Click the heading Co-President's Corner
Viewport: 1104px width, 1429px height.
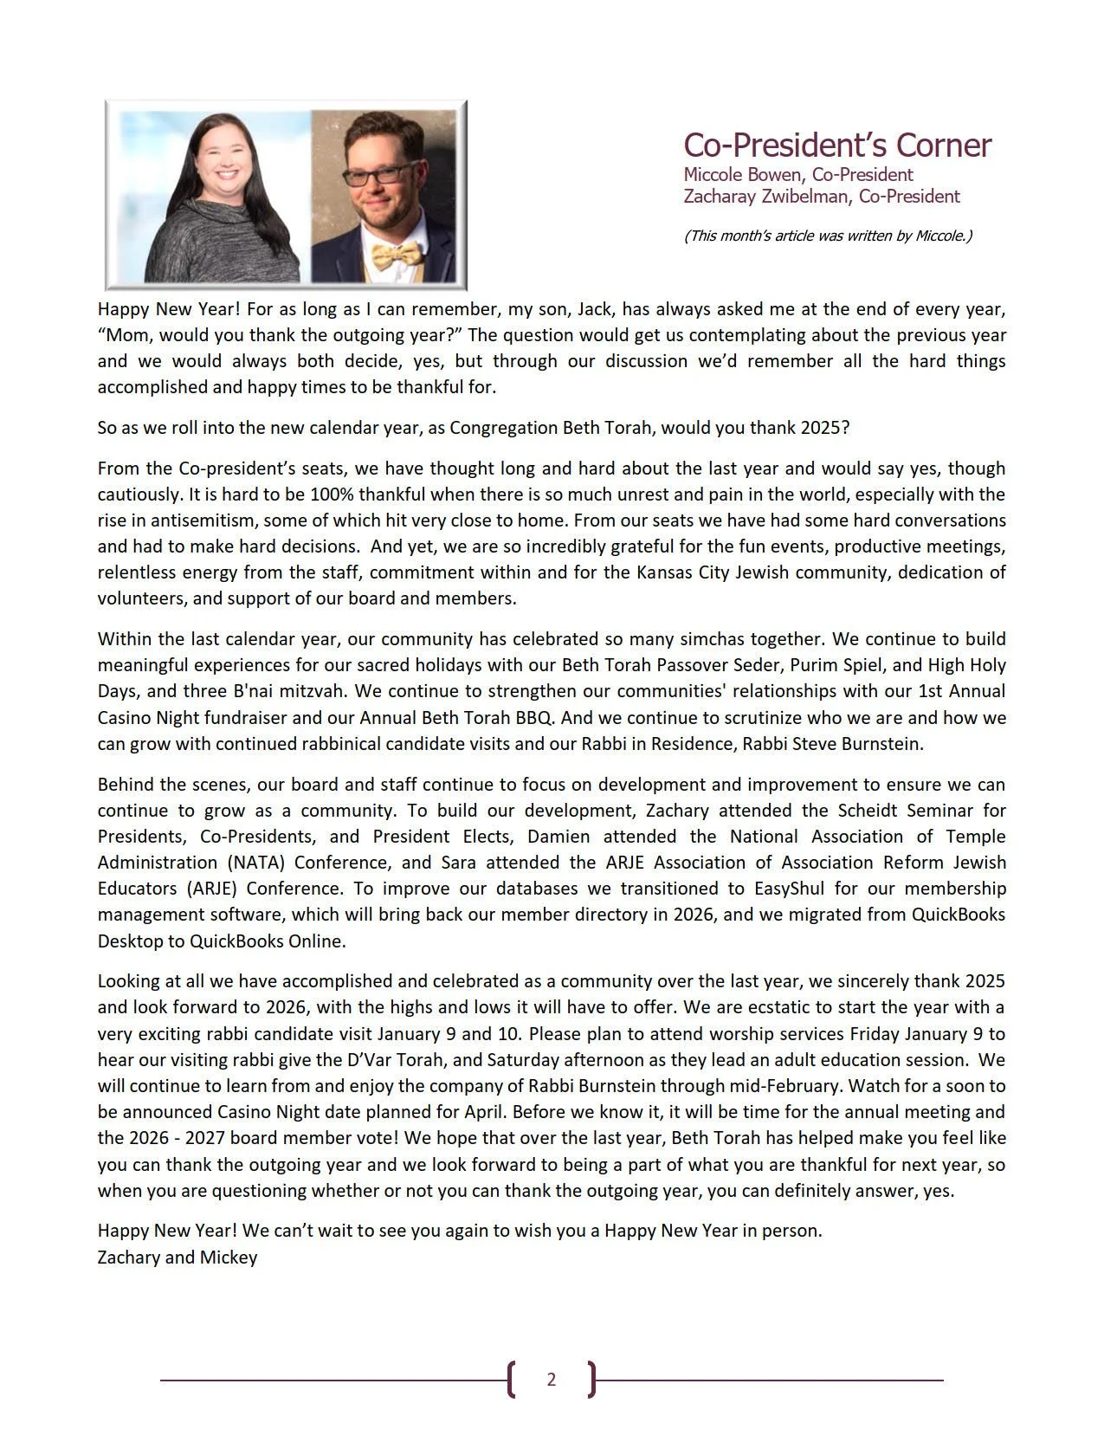pos(836,145)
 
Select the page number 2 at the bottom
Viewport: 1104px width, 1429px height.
pos(552,1379)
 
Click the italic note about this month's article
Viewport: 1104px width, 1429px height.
pos(828,236)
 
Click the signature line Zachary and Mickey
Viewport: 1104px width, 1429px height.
pos(178,1257)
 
